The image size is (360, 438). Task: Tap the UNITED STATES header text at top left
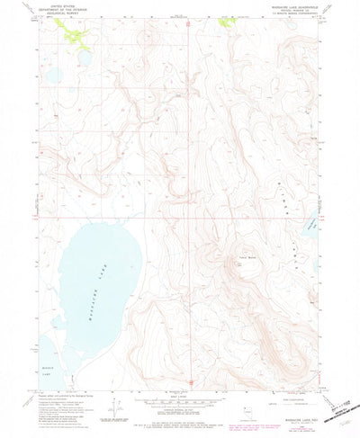coord(62,8)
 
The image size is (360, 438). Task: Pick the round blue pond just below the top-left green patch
coord(85,58)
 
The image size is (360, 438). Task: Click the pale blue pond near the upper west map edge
coord(50,74)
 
